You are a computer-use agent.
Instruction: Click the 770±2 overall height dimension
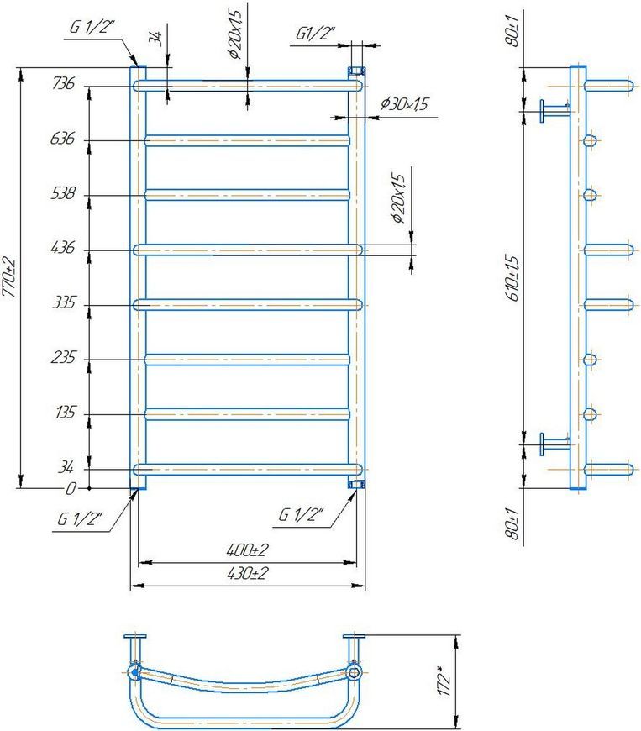click(x=9, y=277)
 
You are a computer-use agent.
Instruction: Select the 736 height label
click(x=63, y=83)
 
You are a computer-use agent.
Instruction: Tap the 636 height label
click(x=62, y=139)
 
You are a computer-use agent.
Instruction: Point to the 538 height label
click(x=62, y=193)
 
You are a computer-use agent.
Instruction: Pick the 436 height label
click(x=62, y=248)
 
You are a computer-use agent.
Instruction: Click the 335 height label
click(x=63, y=302)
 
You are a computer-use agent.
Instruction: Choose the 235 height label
click(x=63, y=358)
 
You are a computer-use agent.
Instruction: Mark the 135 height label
click(x=65, y=413)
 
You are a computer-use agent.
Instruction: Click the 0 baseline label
click(x=71, y=488)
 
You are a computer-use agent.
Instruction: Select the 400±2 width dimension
click(x=247, y=550)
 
